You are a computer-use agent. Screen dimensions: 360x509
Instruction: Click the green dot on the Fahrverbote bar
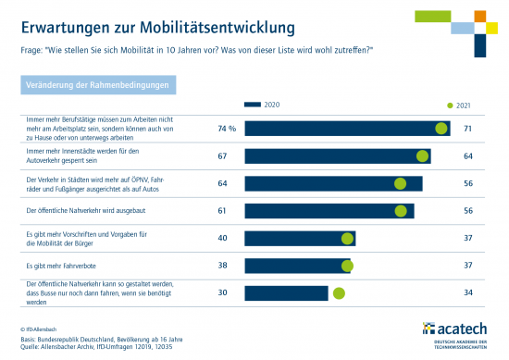347,266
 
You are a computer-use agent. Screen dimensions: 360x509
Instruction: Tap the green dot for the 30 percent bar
339,293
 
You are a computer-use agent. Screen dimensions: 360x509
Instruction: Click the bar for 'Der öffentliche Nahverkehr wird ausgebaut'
329,211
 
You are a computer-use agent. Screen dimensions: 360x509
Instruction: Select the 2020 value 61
222,211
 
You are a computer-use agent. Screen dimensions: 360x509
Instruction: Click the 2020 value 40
222,239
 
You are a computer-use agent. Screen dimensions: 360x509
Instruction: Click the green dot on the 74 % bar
441,129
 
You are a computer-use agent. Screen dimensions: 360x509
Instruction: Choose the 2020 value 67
222,155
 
